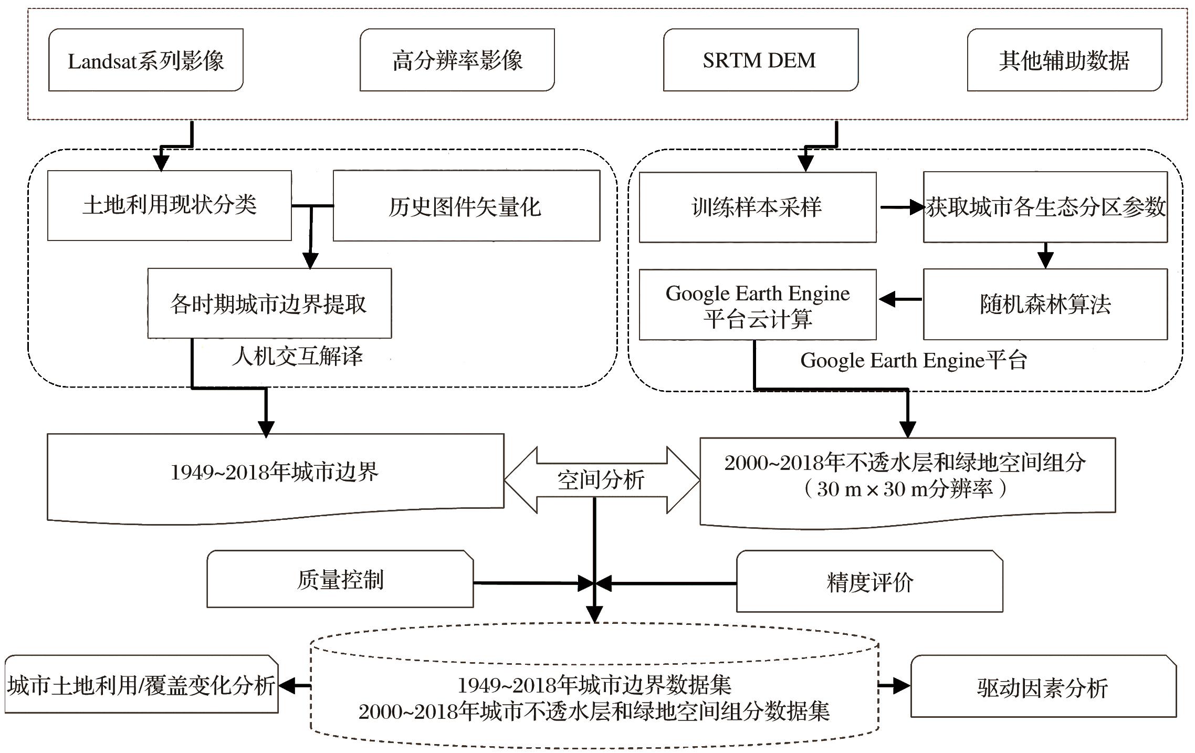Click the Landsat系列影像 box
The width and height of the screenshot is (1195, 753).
(x=145, y=60)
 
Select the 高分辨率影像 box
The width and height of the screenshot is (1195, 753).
(x=457, y=60)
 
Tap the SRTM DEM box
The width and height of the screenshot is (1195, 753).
(x=760, y=60)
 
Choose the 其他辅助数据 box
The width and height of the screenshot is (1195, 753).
(x=1064, y=60)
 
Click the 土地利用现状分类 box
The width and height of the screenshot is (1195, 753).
(x=169, y=205)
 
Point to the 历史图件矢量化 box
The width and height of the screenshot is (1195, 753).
(x=466, y=206)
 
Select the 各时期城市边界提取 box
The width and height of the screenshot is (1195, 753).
(x=269, y=304)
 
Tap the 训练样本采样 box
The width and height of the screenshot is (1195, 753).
(x=757, y=207)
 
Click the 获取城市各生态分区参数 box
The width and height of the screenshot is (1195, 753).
(x=1045, y=207)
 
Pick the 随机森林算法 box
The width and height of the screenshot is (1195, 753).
(x=1045, y=304)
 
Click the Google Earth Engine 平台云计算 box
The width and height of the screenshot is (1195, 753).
(x=757, y=305)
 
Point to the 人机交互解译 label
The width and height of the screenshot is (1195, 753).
(x=297, y=357)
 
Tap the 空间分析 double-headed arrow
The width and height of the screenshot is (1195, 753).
(x=602, y=479)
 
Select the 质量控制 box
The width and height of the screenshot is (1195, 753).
(x=340, y=579)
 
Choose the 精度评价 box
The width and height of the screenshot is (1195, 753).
(x=869, y=582)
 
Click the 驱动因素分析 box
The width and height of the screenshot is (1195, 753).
(x=1043, y=686)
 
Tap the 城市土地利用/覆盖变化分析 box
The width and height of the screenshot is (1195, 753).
(x=141, y=684)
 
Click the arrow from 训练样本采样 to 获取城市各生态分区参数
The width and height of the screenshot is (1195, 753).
(x=901, y=207)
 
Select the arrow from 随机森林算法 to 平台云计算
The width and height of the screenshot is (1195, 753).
(x=900, y=299)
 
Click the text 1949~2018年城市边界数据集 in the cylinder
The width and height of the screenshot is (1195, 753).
(x=594, y=685)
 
